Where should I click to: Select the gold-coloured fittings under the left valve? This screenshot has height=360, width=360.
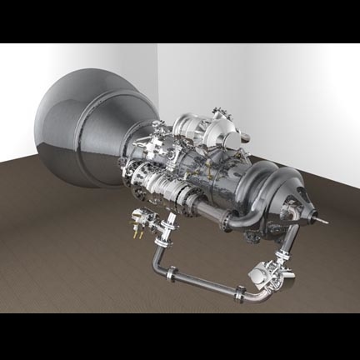tap(133, 234)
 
